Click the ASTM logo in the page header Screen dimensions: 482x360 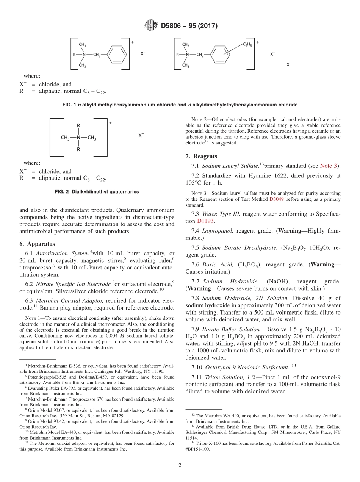pos(151,26)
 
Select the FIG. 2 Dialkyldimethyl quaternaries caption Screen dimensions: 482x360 pos(97,192)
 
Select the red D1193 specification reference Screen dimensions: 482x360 pos(205,221)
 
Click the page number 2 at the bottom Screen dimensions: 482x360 pos(180,465)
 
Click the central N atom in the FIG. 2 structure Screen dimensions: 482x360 pos(78,138)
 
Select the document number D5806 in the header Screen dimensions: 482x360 pos(173,26)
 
